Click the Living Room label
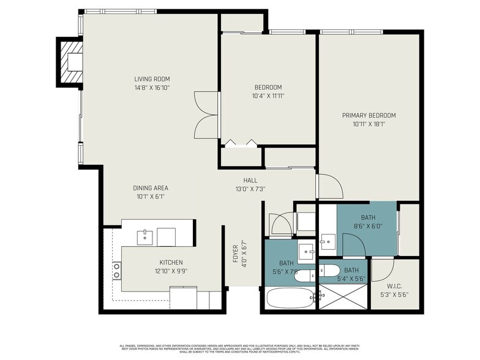152,79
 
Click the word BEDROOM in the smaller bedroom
268,87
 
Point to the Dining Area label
151,188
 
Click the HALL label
250,180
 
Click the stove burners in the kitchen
116,271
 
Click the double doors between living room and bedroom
206,115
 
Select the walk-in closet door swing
382,268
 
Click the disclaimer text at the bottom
239,348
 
